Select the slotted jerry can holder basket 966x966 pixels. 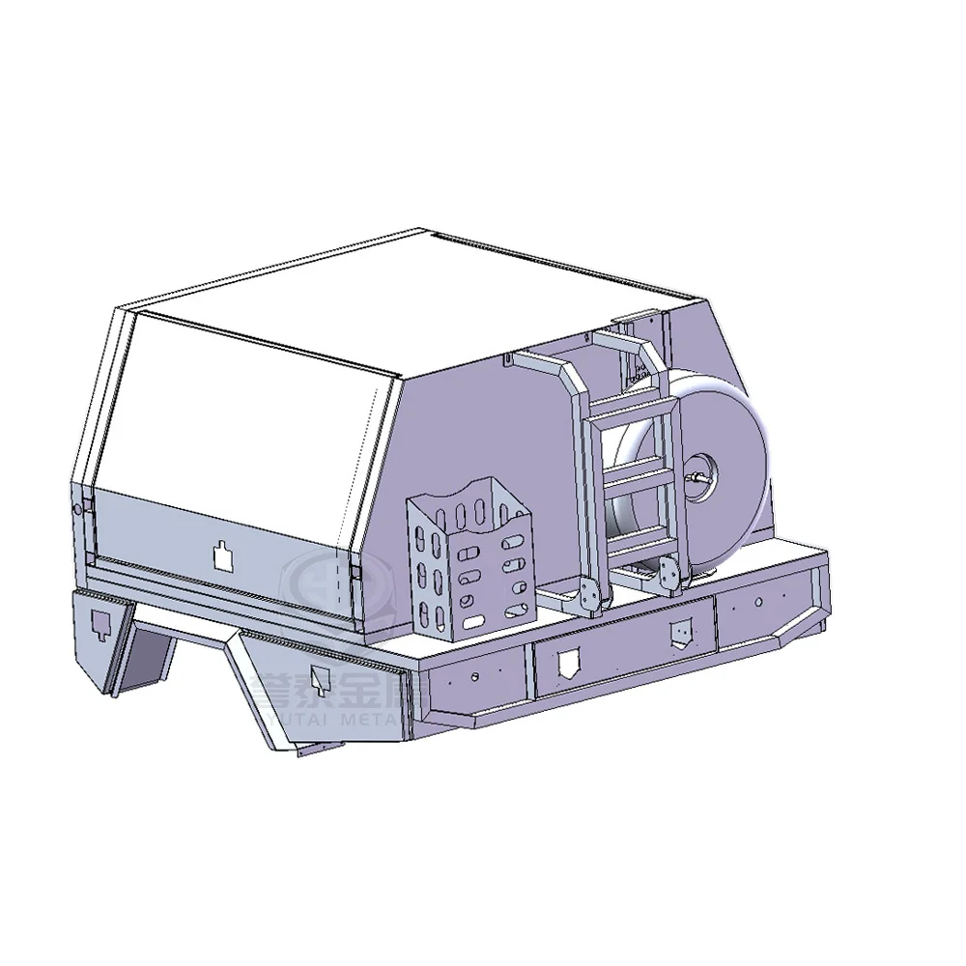point(468,561)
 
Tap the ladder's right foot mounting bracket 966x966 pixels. point(668,577)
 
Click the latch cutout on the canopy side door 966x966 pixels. point(223,554)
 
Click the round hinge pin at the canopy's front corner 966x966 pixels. point(77,508)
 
